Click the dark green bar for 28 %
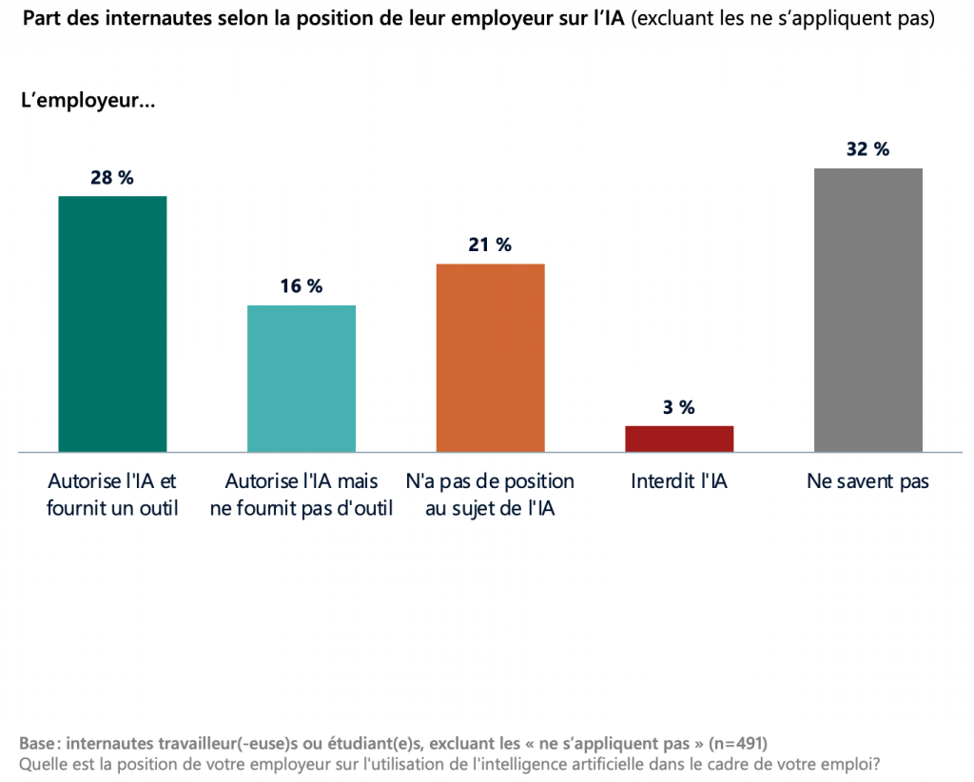point(112,323)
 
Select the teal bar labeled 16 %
point(302,379)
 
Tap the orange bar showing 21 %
point(490,358)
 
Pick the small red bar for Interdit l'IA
point(679,439)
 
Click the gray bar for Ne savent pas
point(868,310)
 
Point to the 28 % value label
point(112,178)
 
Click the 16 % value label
point(302,286)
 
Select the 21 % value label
point(490,245)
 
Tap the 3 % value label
point(679,408)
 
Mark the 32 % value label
point(868,149)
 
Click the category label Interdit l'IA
point(679,481)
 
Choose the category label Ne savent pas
point(868,481)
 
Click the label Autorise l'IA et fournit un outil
point(112,495)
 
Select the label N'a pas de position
point(490,495)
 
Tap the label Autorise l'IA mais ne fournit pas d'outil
point(302,495)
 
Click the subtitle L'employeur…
point(88,101)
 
